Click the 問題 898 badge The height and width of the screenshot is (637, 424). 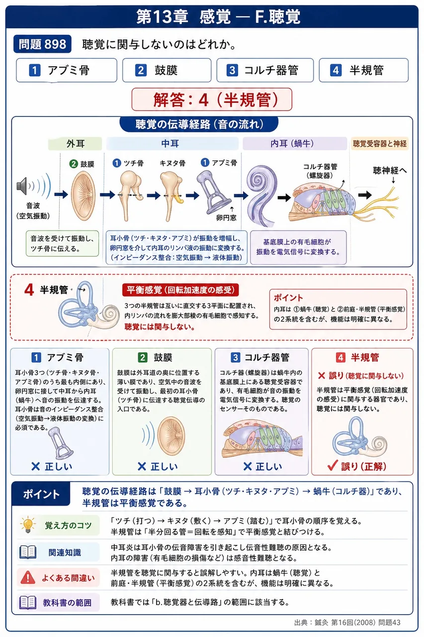[42, 44]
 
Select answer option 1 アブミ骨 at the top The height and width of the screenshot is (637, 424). [67, 70]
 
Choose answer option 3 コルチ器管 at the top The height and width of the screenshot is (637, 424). [265, 70]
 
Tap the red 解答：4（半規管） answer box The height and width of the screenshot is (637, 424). [212, 100]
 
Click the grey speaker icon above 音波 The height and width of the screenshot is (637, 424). [22, 186]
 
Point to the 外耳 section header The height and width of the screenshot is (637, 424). [75, 144]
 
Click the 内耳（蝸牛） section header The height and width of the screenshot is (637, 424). [295, 144]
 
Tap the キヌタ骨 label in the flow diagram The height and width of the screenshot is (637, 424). [172, 163]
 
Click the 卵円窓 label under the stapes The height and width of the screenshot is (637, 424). [226, 218]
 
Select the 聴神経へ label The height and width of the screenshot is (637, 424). [390, 171]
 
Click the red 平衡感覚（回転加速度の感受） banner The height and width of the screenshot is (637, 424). [180, 290]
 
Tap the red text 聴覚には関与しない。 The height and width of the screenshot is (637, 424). [160, 327]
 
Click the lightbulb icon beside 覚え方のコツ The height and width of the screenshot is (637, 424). [28, 525]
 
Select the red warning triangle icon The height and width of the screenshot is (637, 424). [28, 578]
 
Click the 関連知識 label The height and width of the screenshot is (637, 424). [65, 552]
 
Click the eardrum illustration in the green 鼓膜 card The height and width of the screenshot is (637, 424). [171, 436]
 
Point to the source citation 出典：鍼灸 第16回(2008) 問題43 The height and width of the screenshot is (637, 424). [347, 623]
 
